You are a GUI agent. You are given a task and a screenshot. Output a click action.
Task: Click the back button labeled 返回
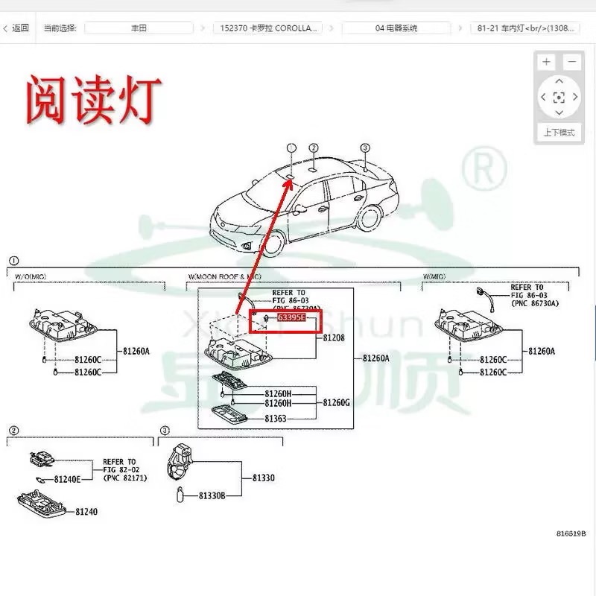click(16, 28)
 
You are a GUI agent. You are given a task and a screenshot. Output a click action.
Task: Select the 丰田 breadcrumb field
click(138, 28)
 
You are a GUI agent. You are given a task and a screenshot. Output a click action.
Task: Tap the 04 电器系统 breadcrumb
click(396, 28)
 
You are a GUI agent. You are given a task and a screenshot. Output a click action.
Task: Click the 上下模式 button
click(558, 133)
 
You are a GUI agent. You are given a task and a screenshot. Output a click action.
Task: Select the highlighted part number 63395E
click(291, 318)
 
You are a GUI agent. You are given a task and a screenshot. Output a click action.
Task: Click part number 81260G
click(337, 402)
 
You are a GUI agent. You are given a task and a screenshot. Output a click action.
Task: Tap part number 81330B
click(212, 495)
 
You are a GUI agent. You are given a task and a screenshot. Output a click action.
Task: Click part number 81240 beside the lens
click(86, 512)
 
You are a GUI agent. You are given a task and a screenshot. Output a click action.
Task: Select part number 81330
click(263, 478)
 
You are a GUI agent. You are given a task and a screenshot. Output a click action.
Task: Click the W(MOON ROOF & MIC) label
click(224, 276)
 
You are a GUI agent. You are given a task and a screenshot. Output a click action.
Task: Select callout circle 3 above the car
click(365, 148)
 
